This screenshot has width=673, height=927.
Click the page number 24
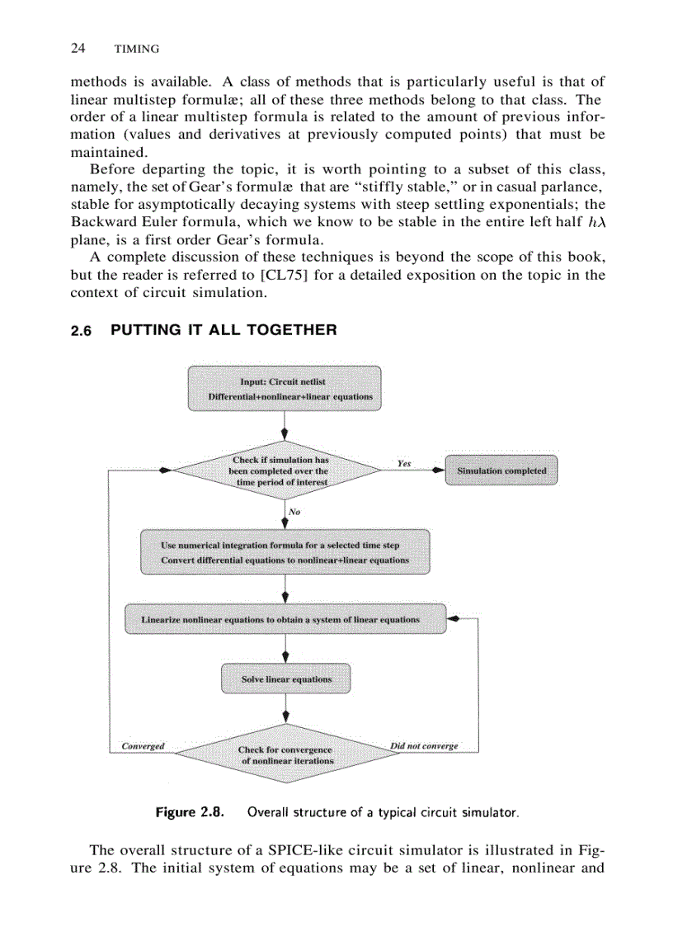(78, 49)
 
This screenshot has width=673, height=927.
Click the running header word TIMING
(136, 50)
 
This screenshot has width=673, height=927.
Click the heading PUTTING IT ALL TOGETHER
(224, 330)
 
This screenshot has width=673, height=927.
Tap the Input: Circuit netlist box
(284, 389)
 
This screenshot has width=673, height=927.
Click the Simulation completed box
(501, 471)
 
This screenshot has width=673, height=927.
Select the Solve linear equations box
(285, 679)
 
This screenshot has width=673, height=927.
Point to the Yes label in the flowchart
(403, 463)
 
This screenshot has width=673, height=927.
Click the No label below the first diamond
(294, 512)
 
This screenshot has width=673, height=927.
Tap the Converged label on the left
(143, 746)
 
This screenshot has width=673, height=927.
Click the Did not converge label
(424, 746)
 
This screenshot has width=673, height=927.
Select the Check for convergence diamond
(285, 754)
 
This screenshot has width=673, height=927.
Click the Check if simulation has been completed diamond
(280, 471)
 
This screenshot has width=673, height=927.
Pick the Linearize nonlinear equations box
(285, 619)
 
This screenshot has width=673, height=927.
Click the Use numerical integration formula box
(285, 552)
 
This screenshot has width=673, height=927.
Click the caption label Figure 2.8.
(191, 812)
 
